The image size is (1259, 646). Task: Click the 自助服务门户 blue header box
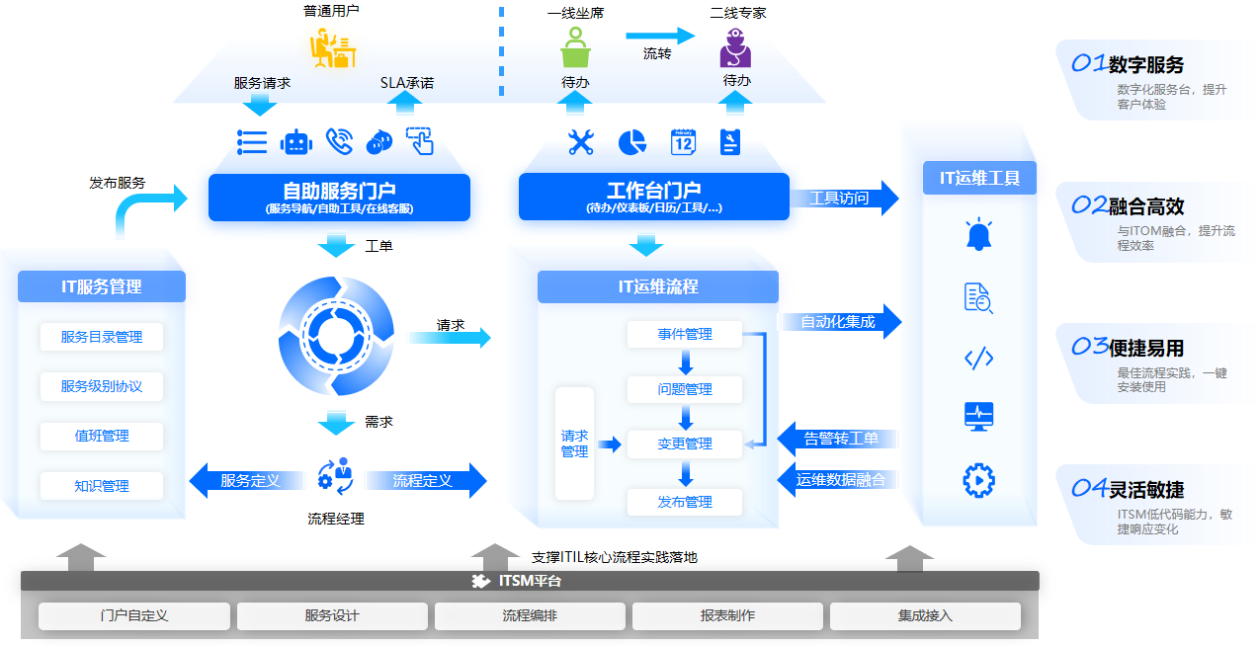pos(339,197)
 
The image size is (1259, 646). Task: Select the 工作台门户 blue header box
pos(653,197)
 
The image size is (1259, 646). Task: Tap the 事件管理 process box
pos(685,335)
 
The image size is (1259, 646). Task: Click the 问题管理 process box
pos(685,389)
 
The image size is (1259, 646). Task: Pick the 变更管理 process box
pos(685,444)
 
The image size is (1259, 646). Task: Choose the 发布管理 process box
pos(685,502)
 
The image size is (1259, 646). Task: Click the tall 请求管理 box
pos(574,444)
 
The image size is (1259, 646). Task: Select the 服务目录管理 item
pos(102,337)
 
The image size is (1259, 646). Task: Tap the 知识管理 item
pos(102,486)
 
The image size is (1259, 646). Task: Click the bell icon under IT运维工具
pos(978,235)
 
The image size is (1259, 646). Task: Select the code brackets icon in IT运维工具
pos(978,359)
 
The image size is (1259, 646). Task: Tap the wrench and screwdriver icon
pos(580,142)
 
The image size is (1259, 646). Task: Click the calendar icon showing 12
pos(683,142)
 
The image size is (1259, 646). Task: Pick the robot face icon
pos(295,142)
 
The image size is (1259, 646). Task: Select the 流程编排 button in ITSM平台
pos(530,616)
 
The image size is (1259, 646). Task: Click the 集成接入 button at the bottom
pos(925,616)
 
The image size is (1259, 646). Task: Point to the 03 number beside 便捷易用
pos(1089,347)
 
